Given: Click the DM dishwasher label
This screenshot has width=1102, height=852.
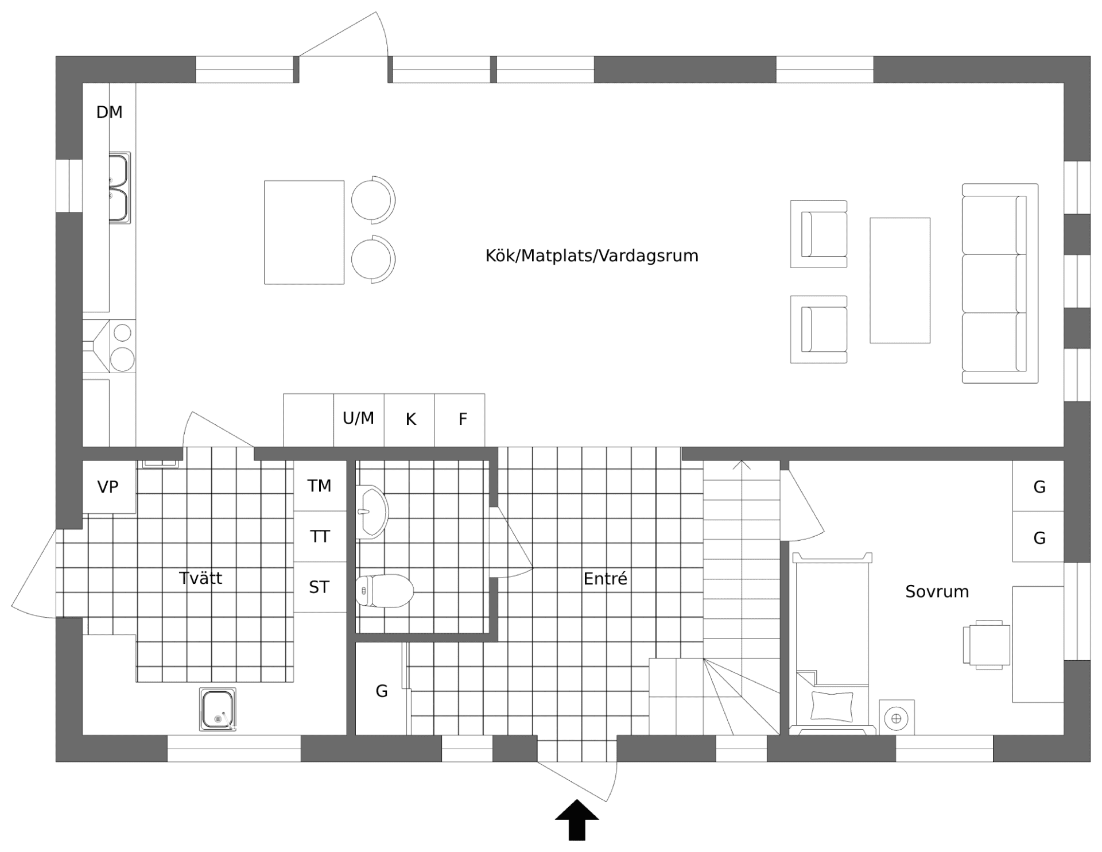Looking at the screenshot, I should click(109, 112).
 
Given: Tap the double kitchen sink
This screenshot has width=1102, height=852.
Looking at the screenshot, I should click(119, 188).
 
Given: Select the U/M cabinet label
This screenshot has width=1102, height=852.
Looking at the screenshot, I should click(358, 419).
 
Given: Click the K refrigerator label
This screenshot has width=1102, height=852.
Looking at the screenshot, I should click(410, 420).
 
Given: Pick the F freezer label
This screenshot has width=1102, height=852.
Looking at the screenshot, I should click(463, 420).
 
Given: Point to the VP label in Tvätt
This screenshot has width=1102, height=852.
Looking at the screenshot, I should click(108, 487).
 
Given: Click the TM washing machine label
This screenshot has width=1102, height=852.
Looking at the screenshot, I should click(319, 486).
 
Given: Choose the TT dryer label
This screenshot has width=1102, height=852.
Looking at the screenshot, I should click(320, 537).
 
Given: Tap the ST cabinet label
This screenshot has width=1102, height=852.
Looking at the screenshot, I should click(319, 587).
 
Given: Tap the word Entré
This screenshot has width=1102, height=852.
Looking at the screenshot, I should click(605, 579).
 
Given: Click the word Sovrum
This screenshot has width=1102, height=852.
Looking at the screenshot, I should click(937, 591).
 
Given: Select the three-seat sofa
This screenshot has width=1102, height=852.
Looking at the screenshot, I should click(1000, 284).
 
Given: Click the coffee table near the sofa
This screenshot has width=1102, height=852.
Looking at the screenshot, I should click(899, 281).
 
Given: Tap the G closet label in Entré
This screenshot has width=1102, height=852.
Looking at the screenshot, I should click(382, 691).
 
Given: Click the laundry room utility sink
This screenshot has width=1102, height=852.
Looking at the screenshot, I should click(218, 710).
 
